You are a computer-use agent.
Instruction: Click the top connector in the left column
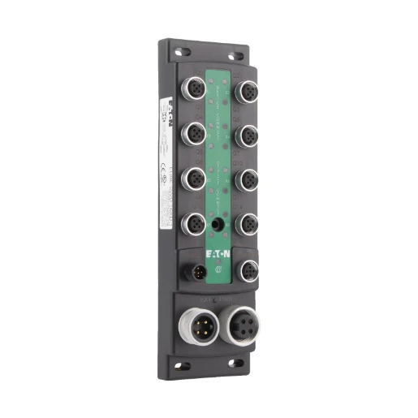pyautogui.click(x=192, y=89)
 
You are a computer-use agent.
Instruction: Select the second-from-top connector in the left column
pyautogui.click(x=192, y=133)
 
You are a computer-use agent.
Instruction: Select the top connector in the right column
pyautogui.click(x=247, y=93)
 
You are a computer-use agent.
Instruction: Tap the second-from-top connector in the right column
pyautogui.click(x=247, y=136)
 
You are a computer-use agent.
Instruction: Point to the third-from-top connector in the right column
pyautogui.click(x=247, y=179)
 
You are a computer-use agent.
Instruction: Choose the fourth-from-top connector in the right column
pyautogui.click(x=247, y=224)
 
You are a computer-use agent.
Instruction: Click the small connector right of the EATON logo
pyautogui.click(x=247, y=269)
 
